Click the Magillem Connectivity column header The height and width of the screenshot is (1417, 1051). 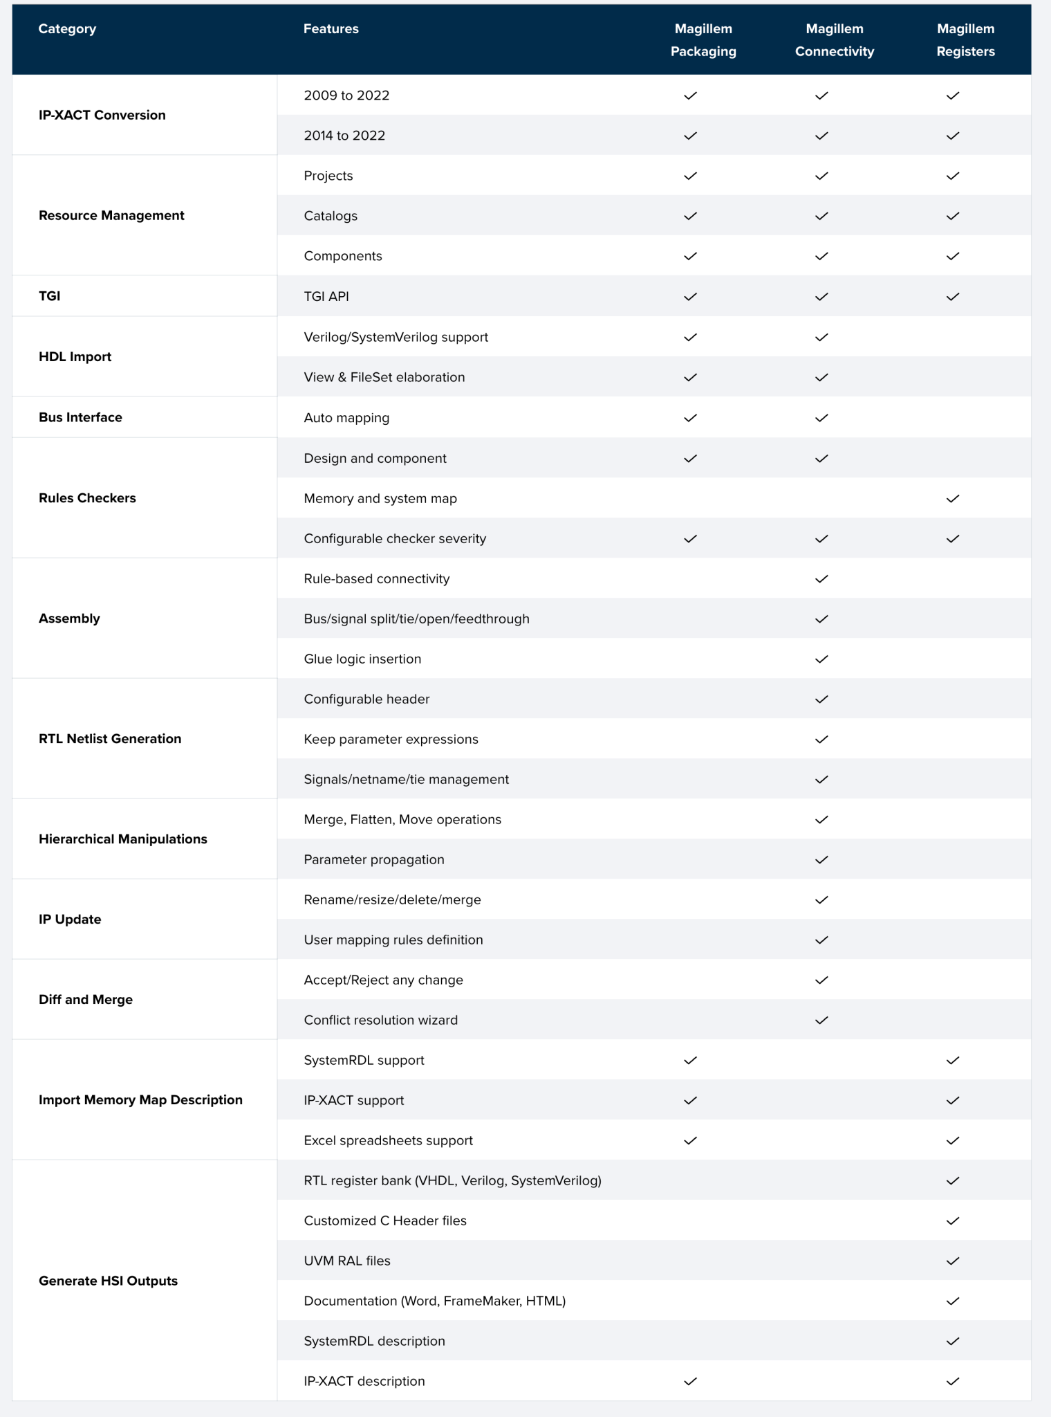835,40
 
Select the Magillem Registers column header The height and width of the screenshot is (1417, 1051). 965,40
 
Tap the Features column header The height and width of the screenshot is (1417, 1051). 331,29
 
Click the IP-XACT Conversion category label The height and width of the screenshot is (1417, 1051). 102,115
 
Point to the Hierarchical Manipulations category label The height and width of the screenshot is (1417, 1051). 123,839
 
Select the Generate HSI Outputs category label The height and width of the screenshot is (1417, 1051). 108,1281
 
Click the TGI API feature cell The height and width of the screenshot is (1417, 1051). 326,297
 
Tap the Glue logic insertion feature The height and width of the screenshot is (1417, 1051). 362,659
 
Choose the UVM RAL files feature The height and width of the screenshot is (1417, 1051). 347,1261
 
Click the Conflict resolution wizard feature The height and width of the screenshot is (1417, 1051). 380,1021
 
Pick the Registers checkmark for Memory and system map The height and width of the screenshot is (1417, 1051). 953,499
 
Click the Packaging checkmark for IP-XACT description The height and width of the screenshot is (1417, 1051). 690,1382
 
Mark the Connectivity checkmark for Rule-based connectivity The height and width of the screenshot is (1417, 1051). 821,579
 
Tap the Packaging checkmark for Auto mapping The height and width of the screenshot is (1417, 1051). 690,418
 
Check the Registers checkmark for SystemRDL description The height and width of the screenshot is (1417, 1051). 953,1342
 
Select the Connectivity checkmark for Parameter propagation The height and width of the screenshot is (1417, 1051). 821,860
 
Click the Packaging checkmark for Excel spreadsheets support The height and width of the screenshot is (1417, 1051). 690,1141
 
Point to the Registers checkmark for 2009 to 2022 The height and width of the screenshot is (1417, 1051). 953,96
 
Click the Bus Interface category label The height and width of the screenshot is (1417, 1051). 80,418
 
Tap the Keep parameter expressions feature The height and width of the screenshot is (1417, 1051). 391,740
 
